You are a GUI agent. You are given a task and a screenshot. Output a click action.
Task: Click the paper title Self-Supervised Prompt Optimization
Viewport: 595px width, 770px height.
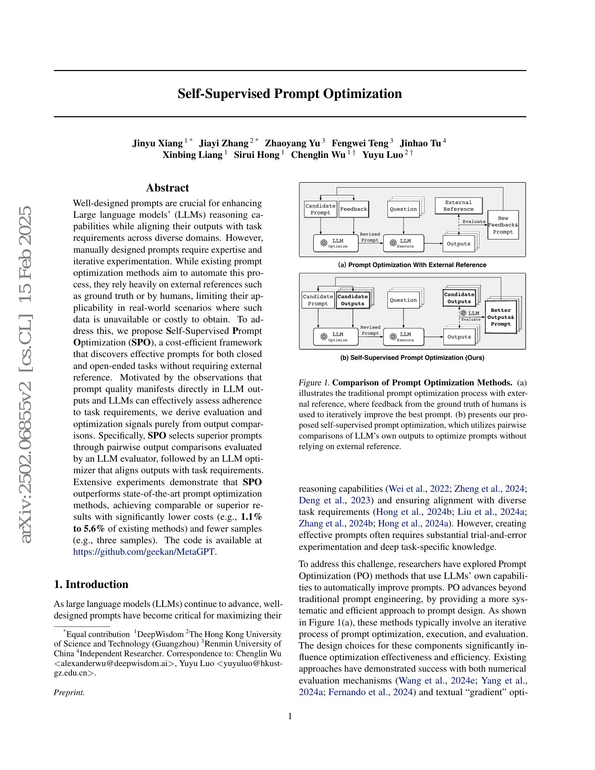point(289,94)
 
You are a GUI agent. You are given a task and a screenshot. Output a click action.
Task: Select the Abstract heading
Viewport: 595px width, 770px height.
point(167,188)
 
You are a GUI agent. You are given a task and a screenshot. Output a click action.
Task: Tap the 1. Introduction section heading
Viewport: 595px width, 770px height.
point(91,584)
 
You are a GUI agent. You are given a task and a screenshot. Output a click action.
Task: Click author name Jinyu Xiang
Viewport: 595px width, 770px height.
point(157,143)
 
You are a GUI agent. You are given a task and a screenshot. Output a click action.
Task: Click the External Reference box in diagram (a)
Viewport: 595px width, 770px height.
point(458,206)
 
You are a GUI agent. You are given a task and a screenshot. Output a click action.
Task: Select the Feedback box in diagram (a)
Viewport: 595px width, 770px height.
point(353,209)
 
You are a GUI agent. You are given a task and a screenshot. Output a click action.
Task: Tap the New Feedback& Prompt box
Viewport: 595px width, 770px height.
point(503,225)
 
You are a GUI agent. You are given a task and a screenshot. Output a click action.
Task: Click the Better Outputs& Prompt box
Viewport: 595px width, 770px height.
point(500,317)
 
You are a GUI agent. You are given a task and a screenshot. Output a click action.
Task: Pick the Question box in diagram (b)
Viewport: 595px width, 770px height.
point(403,300)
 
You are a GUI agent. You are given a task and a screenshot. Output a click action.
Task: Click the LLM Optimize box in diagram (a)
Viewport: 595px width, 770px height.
point(336,243)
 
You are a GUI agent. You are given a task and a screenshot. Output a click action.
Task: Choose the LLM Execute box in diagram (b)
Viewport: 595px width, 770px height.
point(403,337)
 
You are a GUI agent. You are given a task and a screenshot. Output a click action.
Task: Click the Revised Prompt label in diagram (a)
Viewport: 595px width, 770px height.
point(370,237)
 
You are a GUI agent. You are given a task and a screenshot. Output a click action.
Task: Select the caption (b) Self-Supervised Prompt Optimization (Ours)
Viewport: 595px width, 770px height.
point(412,358)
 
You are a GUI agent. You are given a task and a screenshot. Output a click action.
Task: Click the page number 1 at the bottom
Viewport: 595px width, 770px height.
point(290,716)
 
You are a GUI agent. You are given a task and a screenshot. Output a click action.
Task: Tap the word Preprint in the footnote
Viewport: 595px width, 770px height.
point(69,692)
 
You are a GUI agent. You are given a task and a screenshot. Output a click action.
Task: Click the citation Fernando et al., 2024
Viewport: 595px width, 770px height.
point(370,692)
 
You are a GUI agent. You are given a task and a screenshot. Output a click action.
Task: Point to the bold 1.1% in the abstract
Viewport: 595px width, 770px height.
point(251,517)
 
